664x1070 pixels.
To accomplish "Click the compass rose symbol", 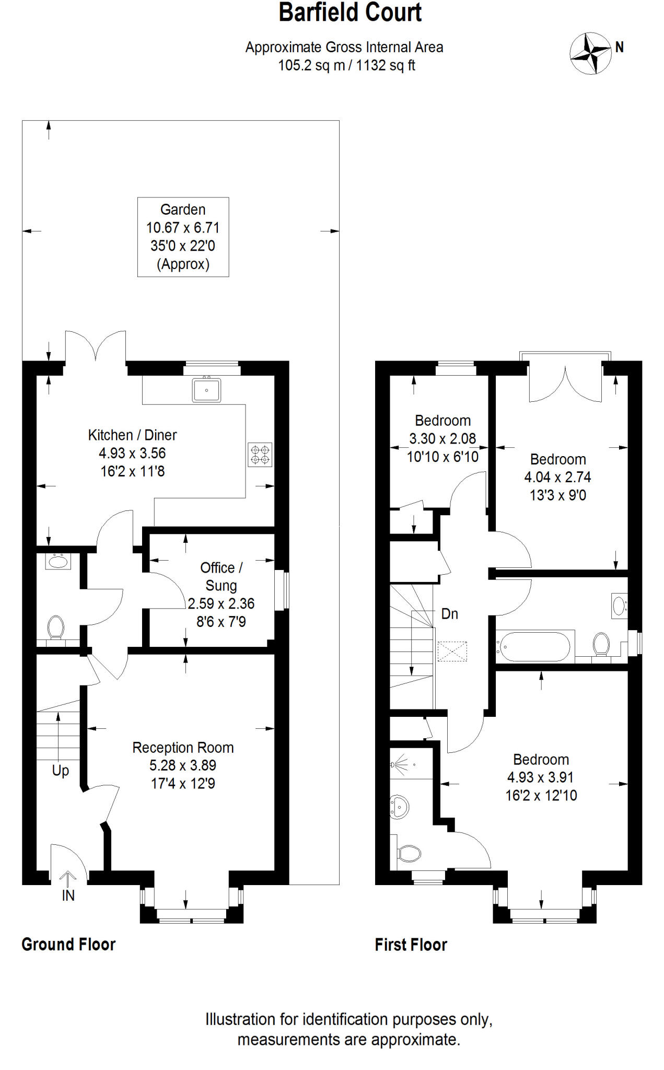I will [590, 53].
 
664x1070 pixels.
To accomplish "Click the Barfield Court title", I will [350, 13].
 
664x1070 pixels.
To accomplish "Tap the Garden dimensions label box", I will [183, 237].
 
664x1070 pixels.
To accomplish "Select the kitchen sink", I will [206, 390].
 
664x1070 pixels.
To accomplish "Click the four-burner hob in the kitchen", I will [260, 455].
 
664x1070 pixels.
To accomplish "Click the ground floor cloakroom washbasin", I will [57, 562].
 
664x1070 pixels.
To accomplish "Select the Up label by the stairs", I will [61, 771].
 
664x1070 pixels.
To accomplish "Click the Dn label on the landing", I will [450, 614].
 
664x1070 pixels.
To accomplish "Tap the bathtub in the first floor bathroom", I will [534, 647].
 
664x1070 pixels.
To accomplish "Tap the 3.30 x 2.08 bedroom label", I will [442, 438].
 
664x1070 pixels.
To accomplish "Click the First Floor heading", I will [411, 945].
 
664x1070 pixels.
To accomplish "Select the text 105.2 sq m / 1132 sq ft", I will [346, 66].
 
